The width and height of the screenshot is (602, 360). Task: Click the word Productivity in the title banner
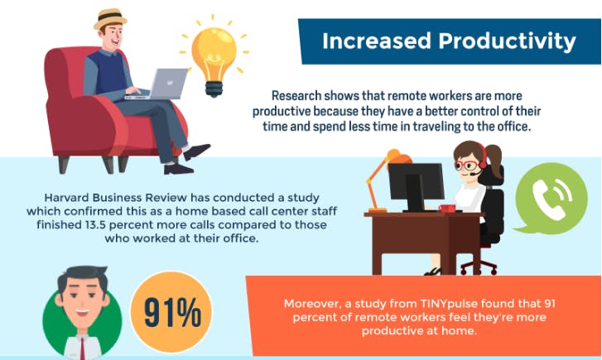507,41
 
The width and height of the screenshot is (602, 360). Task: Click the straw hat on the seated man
110,18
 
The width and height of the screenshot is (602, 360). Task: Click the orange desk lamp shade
398,157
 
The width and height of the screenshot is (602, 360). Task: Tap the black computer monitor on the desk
416,185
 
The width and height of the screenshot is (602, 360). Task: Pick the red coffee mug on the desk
446,209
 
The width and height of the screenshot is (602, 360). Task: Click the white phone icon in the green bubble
551,198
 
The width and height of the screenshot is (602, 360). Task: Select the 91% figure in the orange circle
172,312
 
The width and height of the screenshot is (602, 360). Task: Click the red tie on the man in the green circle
83,348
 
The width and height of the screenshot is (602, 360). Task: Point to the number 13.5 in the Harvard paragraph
95,224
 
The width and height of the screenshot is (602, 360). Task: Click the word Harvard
67,198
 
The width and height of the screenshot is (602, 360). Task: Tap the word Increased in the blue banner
377,41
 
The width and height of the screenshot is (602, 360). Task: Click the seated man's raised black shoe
196,151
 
